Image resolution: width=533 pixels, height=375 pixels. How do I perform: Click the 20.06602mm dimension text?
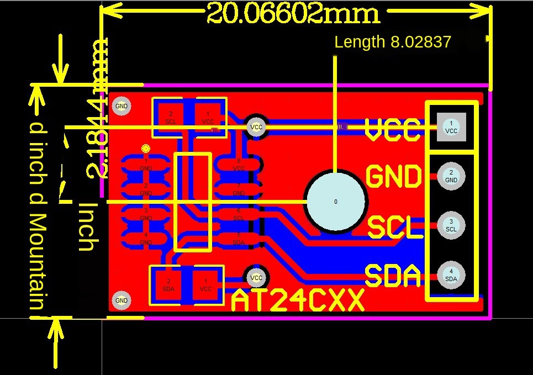pyautogui.click(x=293, y=13)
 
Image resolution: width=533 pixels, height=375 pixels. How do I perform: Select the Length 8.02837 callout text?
pyautogui.click(x=393, y=42)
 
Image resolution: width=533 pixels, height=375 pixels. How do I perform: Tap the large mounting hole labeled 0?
pyautogui.click(x=336, y=202)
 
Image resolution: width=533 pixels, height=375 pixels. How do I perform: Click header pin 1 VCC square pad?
pyautogui.click(x=451, y=128)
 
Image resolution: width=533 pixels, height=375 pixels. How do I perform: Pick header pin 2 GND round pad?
pyautogui.click(x=451, y=176)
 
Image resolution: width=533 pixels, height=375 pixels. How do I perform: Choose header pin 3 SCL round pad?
pyautogui.click(x=451, y=225)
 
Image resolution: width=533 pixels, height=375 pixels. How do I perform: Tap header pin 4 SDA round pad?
pyautogui.click(x=451, y=275)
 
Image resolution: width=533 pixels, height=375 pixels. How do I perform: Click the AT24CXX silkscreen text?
pyautogui.click(x=298, y=302)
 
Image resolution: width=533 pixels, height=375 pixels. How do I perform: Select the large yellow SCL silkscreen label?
pyautogui.click(x=394, y=227)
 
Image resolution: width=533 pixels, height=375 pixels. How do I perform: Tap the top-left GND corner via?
pyautogui.click(x=122, y=106)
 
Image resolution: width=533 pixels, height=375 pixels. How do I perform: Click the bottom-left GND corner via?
pyautogui.click(x=122, y=300)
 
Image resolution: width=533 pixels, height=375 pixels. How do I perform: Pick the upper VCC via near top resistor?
pyautogui.click(x=256, y=127)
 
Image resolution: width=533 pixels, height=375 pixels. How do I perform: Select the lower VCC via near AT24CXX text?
pyautogui.click(x=256, y=277)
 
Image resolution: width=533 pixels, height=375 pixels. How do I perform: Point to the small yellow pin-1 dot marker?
pyautogui.click(x=146, y=149)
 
